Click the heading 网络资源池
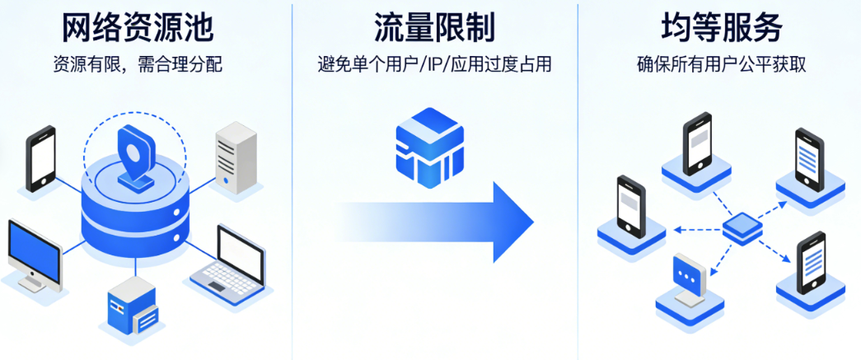[138, 28]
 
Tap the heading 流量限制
[434, 28]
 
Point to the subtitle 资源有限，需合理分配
[138, 64]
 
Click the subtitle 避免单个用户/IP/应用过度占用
[434, 64]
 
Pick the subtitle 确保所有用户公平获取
[721, 64]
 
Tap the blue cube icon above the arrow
[429, 148]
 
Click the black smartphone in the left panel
[40, 158]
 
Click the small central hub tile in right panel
[742, 227]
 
